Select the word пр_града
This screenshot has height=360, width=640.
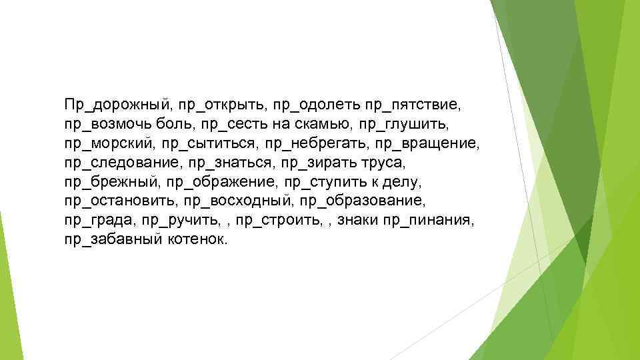point(99,220)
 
